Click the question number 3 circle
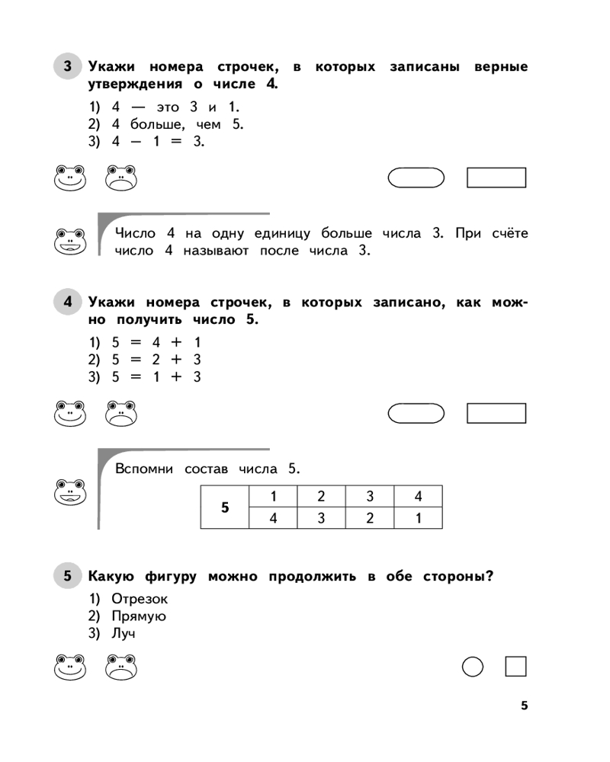67,66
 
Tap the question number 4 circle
67,303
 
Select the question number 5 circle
67,576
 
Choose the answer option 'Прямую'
138,616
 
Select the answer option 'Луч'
127,633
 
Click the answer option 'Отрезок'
140,598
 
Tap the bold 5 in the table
225,507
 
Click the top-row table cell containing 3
370,496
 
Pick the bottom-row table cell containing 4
273,518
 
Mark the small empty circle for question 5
473,668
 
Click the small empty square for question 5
516,668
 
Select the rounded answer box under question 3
416,178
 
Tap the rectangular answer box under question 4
496,413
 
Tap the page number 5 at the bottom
524,706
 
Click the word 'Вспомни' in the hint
144,468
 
